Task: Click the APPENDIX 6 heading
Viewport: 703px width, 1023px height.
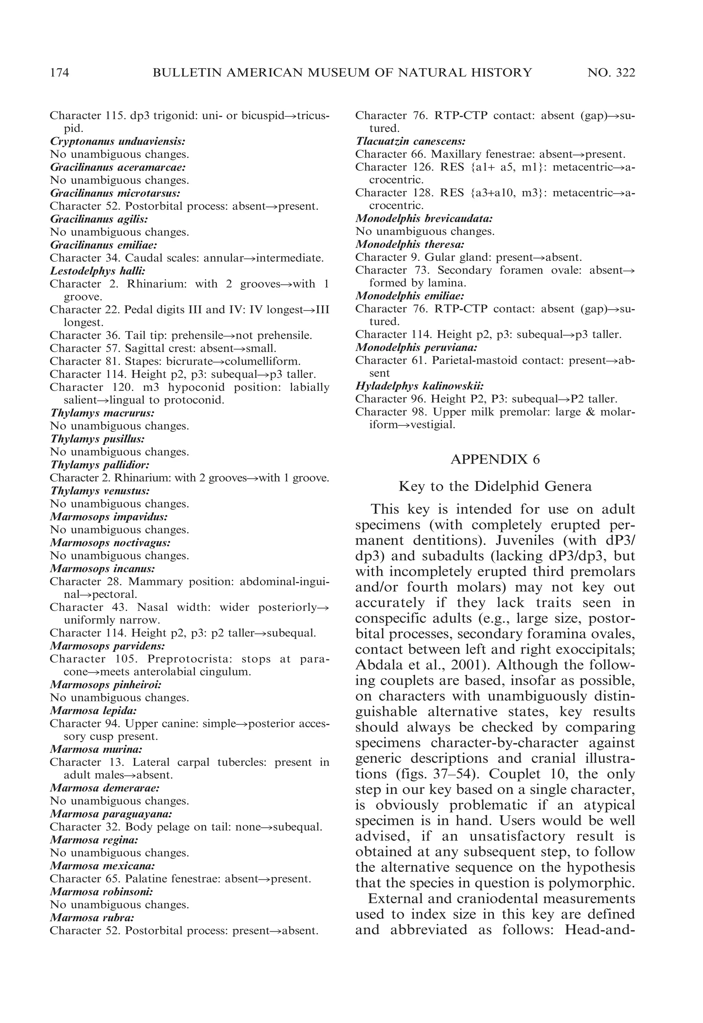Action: [495, 459]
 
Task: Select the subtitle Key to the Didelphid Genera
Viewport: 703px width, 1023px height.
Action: [495, 486]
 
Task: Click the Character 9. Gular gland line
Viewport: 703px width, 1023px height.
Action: [468, 257]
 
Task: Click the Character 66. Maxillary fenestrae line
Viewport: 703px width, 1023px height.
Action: [490, 154]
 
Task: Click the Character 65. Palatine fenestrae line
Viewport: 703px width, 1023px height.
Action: [180, 879]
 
